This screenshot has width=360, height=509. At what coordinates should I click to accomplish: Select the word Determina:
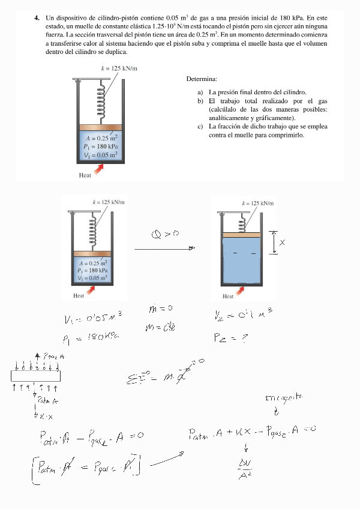[x=202, y=79]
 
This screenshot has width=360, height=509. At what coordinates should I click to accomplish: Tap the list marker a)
[x=200, y=92]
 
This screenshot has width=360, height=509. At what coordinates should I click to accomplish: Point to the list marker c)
[x=200, y=127]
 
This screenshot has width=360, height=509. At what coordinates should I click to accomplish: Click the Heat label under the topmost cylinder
[x=85, y=175]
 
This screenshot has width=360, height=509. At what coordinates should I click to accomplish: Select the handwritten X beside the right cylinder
[x=282, y=242]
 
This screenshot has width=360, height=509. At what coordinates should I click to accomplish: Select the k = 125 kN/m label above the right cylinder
[x=258, y=203]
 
